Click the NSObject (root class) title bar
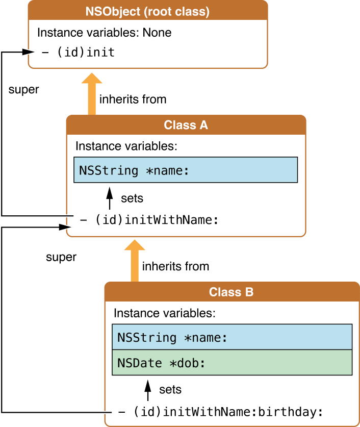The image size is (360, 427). pos(147,10)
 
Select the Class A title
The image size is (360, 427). pos(186,125)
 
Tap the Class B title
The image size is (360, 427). pos(231,292)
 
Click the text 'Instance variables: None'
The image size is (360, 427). pos(104,33)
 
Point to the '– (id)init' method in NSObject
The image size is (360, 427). pos(78,52)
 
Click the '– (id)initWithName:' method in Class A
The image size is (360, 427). pos(149,220)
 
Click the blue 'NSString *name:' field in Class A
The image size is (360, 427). pos(186,170)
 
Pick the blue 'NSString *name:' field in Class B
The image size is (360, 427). pos(232,337)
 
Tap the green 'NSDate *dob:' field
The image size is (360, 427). pos(232,363)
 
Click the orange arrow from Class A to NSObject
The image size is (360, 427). pos(92,94)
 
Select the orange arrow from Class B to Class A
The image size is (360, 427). pos(135,261)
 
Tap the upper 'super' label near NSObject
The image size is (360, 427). pos(23,90)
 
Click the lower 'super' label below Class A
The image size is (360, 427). pos(61,257)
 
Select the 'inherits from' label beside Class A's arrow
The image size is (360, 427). pos(133,99)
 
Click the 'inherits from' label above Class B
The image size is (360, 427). pos(175,266)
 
